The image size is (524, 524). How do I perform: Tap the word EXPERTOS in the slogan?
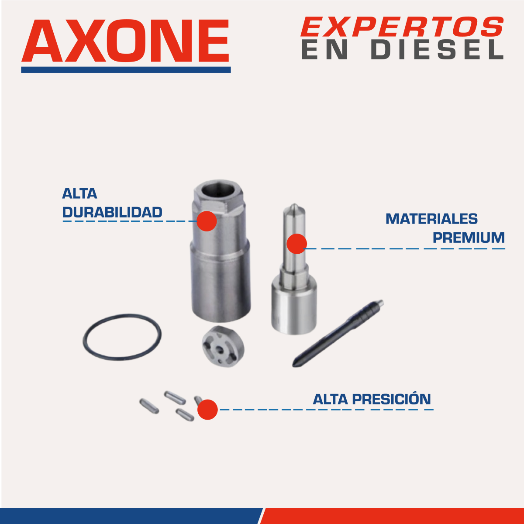click(x=402, y=27)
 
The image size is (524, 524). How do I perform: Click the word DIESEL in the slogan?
click(x=437, y=50)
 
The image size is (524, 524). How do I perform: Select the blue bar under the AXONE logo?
click(x=126, y=69)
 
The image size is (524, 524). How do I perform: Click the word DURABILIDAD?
click(x=112, y=212)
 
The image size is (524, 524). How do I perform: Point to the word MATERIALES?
click(x=432, y=219)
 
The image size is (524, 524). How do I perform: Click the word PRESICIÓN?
click(x=392, y=399)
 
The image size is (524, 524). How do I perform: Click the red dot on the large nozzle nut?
click(x=207, y=221)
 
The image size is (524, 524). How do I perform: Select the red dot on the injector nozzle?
click(x=296, y=244)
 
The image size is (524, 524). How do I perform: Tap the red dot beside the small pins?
click(x=207, y=410)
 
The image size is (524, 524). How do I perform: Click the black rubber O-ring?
click(x=122, y=316)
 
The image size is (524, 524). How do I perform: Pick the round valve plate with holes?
click(x=223, y=346)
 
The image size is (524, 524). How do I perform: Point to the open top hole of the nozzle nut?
click(x=220, y=189)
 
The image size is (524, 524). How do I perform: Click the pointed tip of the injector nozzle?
click(x=294, y=204)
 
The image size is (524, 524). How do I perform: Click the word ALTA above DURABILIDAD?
click(x=79, y=193)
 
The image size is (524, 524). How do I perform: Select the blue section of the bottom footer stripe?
click(x=131, y=516)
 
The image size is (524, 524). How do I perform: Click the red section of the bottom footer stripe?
click(x=393, y=516)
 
